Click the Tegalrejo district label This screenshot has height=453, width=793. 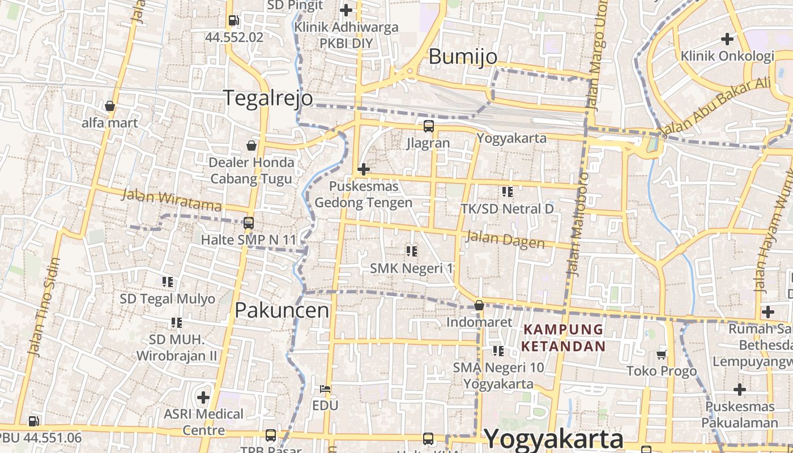(268, 98)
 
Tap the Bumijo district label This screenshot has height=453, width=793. (463, 57)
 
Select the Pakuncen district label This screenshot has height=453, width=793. (282, 310)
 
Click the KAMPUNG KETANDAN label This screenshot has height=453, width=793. (564, 337)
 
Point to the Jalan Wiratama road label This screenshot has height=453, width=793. (172, 200)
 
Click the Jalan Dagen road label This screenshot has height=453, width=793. (505, 240)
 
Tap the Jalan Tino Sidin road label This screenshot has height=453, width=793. (44, 307)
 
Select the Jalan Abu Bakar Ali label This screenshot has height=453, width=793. (716, 106)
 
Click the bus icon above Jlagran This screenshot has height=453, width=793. (428, 126)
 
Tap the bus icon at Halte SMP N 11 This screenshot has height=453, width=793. (248, 223)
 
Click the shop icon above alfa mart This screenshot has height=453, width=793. (110, 106)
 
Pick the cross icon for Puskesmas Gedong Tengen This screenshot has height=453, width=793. (364, 169)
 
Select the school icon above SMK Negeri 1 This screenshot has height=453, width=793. (412, 250)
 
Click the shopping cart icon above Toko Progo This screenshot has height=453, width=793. (661, 354)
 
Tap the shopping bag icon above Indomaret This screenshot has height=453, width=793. (479, 305)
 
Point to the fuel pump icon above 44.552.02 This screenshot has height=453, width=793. (233, 21)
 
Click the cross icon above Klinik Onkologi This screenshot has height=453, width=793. (727, 39)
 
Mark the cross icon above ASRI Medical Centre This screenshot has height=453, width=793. (203, 397)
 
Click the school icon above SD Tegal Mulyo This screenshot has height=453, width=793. (167, 281)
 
